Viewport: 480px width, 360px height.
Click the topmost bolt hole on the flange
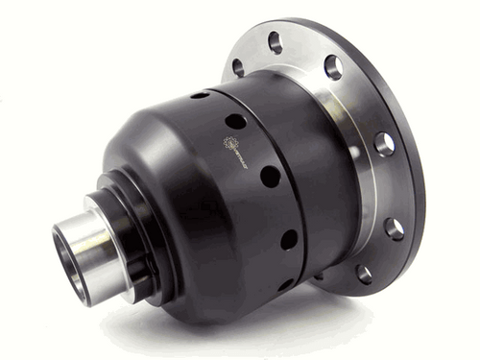(276, 41)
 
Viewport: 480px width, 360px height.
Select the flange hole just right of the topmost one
(333, 67)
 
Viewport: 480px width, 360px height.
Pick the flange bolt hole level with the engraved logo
(384, 144)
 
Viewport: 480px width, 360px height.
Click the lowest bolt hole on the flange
(364, 274)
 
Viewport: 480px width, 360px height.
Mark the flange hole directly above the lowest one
(394, 228)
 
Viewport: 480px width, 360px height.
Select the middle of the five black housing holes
(270, 177)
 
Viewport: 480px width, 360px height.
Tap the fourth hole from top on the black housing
(288, 239)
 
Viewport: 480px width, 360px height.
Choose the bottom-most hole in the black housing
(285, 284)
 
